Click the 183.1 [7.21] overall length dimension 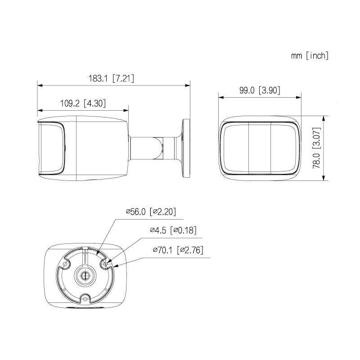click(x=111, y=78)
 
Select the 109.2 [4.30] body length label click(x=83, y=103)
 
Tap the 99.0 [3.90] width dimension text click(x=260, y=90)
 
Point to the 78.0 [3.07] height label click(x=316, y=148)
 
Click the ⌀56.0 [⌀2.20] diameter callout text click(x=151, y=211)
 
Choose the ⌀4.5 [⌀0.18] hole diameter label click(x=173, y=230)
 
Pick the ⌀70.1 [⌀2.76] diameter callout click(x=178, y=250)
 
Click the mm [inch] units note click(x=310, y=55)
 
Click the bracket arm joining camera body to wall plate click(x=155, y=148)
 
